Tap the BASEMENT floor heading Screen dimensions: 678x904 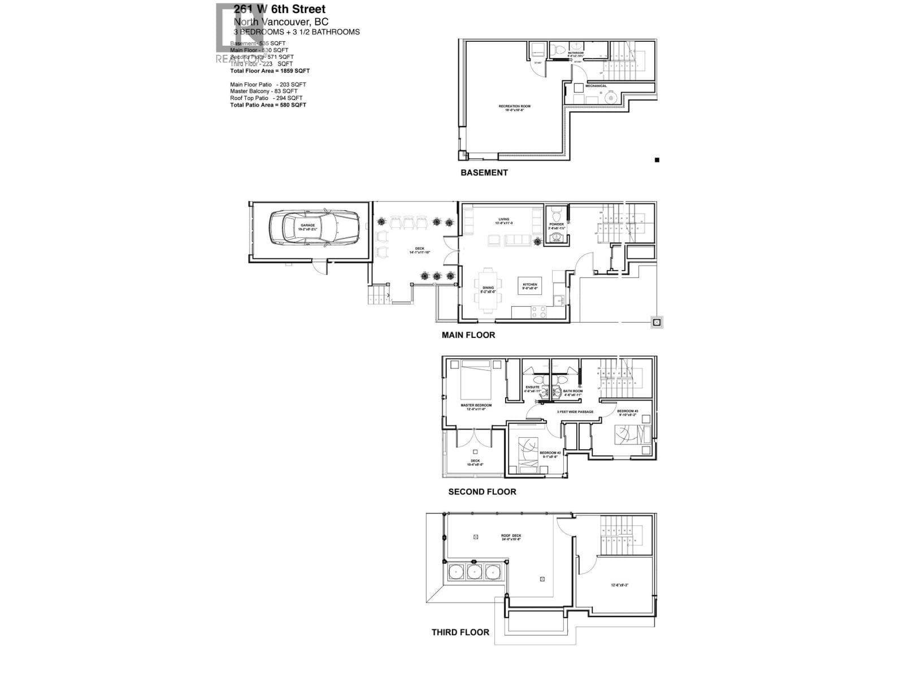coord(484,173)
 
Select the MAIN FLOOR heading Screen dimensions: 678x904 coord(468,335)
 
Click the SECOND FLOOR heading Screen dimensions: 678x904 coord(482,492)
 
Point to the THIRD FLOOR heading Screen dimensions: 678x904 coord(460,632)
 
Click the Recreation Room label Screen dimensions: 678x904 coord(514,106)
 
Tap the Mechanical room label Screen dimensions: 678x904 coord(596,86)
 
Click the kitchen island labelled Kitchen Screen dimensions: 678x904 coord(529,286)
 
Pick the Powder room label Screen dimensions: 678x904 coord(556,224)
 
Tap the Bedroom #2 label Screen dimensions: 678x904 coord(549,453)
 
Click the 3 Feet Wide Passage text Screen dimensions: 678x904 coord(575,412)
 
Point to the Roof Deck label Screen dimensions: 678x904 coord(511,536)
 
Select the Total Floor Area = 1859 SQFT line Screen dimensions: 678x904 coord(270,71)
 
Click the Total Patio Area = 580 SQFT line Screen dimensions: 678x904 coord(268,105)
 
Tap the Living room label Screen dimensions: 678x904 coord(503,219)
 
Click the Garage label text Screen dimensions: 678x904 coord(307,225)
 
